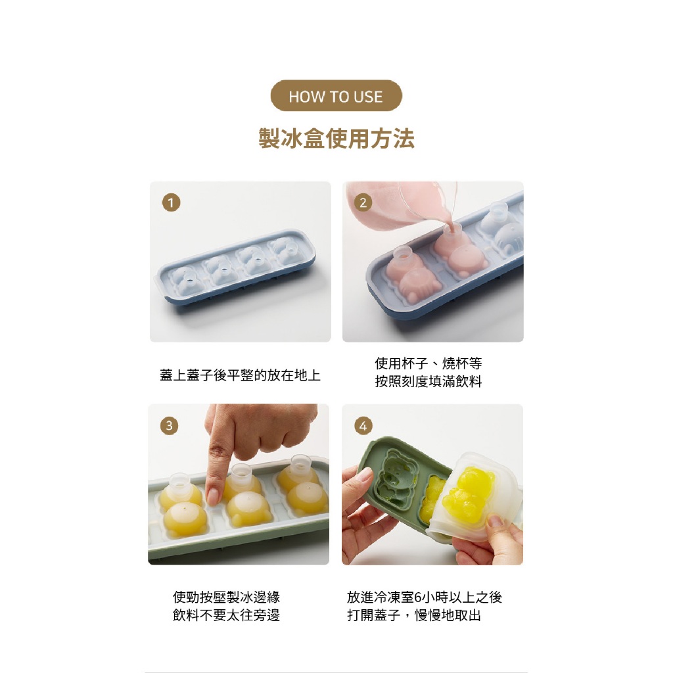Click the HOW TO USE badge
pos(336,95)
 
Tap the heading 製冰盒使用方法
pos(336,138)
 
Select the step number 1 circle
pos(171,202)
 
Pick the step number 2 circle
pos(363,202)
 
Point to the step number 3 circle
pos(169,426)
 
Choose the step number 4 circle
pos(363,426)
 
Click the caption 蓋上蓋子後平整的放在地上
pos(240,375)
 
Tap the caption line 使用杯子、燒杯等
pos(429,363)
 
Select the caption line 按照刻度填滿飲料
pos(429,381)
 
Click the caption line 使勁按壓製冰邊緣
pos(226,597)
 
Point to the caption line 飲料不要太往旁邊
pos(226,615)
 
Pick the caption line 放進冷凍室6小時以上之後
pos(425,597)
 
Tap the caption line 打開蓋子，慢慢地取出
pos(414,615)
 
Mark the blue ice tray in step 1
pos(235,267)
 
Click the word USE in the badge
pos(368,97)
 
